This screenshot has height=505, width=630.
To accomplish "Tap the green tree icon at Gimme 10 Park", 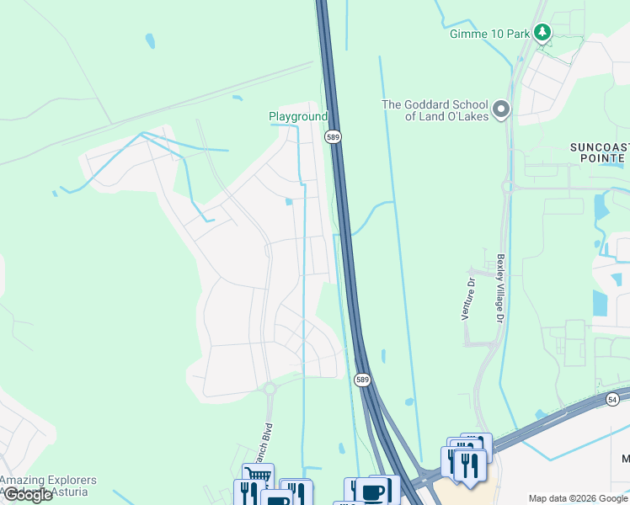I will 544,33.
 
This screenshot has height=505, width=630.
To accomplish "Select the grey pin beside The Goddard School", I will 501,109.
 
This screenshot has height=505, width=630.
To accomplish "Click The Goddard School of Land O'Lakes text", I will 435,110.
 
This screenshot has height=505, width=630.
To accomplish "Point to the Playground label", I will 297,116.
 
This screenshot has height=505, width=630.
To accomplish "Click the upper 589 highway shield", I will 334,136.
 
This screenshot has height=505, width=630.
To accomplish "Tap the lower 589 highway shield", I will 362,380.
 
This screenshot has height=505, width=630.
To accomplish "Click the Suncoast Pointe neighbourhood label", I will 598,152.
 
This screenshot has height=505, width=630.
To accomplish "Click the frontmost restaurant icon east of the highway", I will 469,465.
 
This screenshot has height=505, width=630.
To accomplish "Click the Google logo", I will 28,495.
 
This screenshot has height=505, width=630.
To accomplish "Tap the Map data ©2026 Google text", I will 578,498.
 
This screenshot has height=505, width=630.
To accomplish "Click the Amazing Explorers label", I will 48,481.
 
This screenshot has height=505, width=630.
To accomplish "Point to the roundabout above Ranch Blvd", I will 270,388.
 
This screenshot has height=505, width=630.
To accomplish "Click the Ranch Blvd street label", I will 268,442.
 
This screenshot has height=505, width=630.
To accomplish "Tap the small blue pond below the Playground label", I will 289,201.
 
